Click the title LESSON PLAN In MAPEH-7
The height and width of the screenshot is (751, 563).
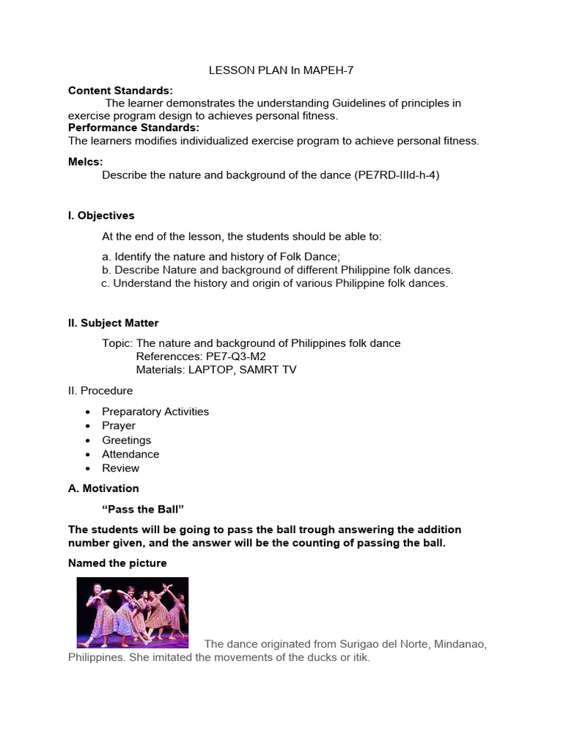(281, 70)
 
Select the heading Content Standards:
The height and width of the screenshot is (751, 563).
(120, 90)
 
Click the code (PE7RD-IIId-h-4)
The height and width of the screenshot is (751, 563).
(397, 175)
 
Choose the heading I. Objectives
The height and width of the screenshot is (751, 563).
(101, 216)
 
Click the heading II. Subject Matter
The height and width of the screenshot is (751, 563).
(113, 323)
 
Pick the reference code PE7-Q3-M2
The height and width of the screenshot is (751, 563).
(236, 356)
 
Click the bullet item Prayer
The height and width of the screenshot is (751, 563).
(119, 425)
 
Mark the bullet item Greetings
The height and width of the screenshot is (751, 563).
(126, 440)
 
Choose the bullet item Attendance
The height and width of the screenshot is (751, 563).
(130, 454)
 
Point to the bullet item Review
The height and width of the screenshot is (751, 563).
(120, 468)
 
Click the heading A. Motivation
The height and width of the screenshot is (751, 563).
(103, 488)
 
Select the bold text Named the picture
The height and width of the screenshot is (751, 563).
(117, 563)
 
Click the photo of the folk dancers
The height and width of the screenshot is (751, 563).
(133, 612)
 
